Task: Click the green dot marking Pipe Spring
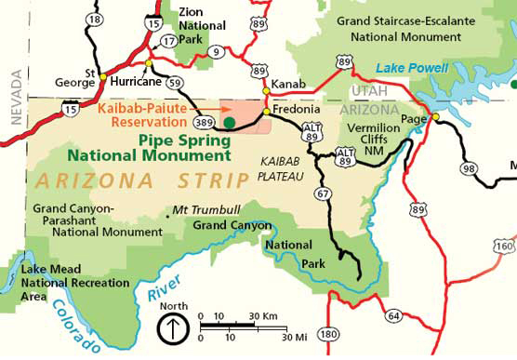click(229, 121)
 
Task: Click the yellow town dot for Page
click(435, 116)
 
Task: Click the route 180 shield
click(327, 334)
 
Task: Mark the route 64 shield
click(393, 316)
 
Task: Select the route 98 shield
click(469, 167)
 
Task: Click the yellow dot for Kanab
click(266, 90)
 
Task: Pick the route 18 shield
click(94, 19)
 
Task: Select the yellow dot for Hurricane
click(148, 63)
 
